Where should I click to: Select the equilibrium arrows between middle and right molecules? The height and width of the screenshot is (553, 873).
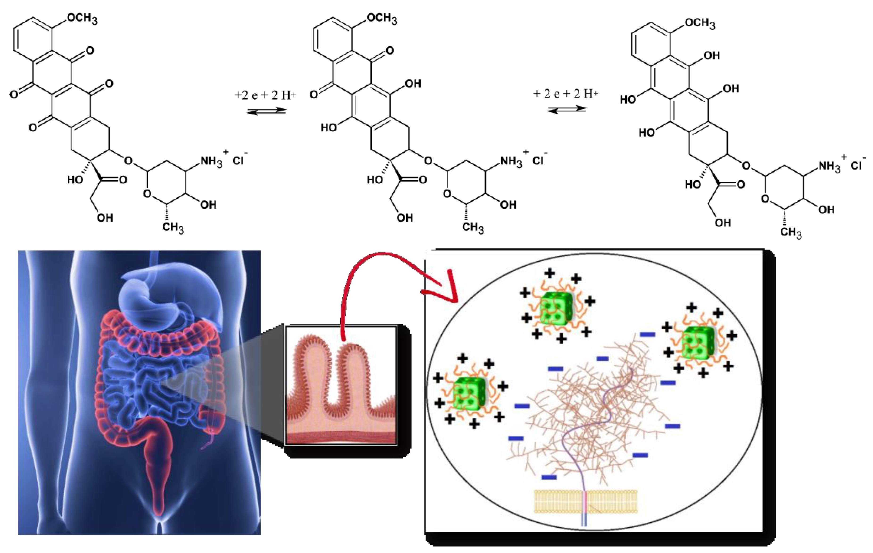tap(566, 109)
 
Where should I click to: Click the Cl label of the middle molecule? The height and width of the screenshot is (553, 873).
tap(538, 160)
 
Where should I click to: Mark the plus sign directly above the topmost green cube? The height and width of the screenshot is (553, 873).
tap(550, 273)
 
